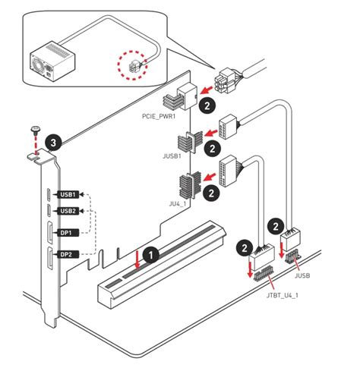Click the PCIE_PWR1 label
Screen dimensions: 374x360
click(159, 118)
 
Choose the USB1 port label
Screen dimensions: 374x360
click(68, 194)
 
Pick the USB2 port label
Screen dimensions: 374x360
click(68, 211)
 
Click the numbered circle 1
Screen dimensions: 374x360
click(151, 256)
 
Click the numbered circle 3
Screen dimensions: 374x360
click(51, 142)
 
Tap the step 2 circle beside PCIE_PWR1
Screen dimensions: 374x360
click(208, 106)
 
